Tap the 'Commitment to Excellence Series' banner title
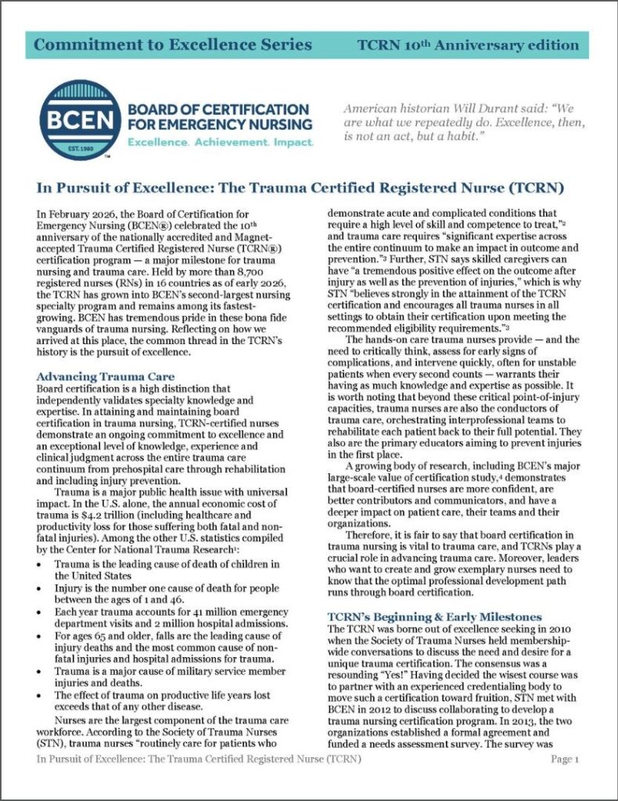pyautogui.click(x=169, y=45)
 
